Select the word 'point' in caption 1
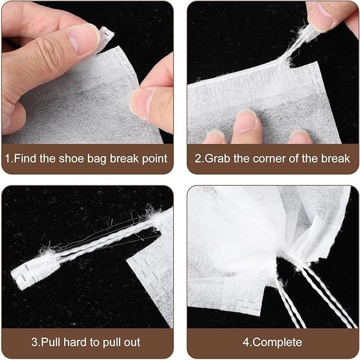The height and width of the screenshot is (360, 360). [x=155, y=158]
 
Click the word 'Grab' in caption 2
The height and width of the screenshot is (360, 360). [x=217, y=158]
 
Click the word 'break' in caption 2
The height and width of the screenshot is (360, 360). [x=336, y=158]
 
